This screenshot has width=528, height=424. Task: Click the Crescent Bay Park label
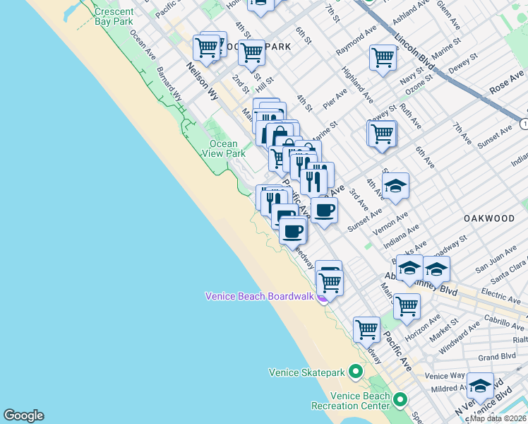(x=114, y=16)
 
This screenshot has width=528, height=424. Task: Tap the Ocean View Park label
(x=224, y=148)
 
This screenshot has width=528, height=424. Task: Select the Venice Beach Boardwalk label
(x=259, y=296)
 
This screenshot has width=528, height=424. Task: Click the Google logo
(x=23, y=416)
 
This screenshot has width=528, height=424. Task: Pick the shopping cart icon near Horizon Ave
(x=407, y=306)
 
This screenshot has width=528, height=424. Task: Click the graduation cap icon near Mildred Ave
(x=480, y=386)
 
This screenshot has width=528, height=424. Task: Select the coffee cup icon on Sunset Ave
(x=324, y=210)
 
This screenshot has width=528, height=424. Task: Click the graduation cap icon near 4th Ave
(x=395, y=186)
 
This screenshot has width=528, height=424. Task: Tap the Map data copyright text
(x=498, y=418)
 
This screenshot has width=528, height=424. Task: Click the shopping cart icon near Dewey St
(x=382, y=133)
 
